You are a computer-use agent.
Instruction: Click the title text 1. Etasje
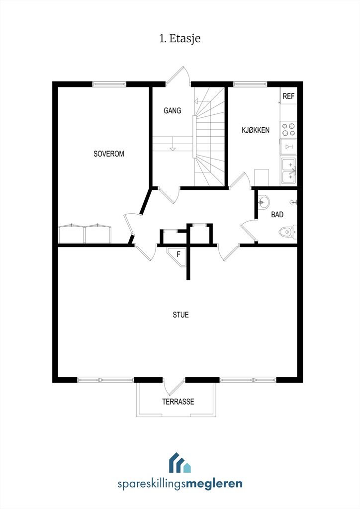pyautogui.click(x=180, y=38)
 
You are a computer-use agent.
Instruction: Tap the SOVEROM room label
pyautogui.click(x=109, y=154)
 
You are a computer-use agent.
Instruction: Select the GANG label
pyautogui.click(x=172, y=111)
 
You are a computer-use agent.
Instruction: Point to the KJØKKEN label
pyautogui.click(x=256, y=130)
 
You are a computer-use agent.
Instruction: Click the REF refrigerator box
pyautogui.click(x=288, y=96)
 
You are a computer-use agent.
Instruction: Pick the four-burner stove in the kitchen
pyautogui.click(x=288, y=129)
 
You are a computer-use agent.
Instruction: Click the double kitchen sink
pyautogui.click(x=288, y=170)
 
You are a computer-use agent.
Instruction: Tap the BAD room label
pyautogui.click(x=277, y=215)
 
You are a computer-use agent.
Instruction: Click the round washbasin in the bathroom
pyautogui.click(x=265, y=202)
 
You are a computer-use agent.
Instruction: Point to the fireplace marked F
pyautogui.click(x=179, y=254)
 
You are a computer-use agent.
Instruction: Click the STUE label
pyautogui.click(x=180, y=315)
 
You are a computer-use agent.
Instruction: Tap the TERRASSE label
pyautogui.click(x=178, y=402)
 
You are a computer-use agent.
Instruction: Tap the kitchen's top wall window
pyautogui.click(x=250, y=84)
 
